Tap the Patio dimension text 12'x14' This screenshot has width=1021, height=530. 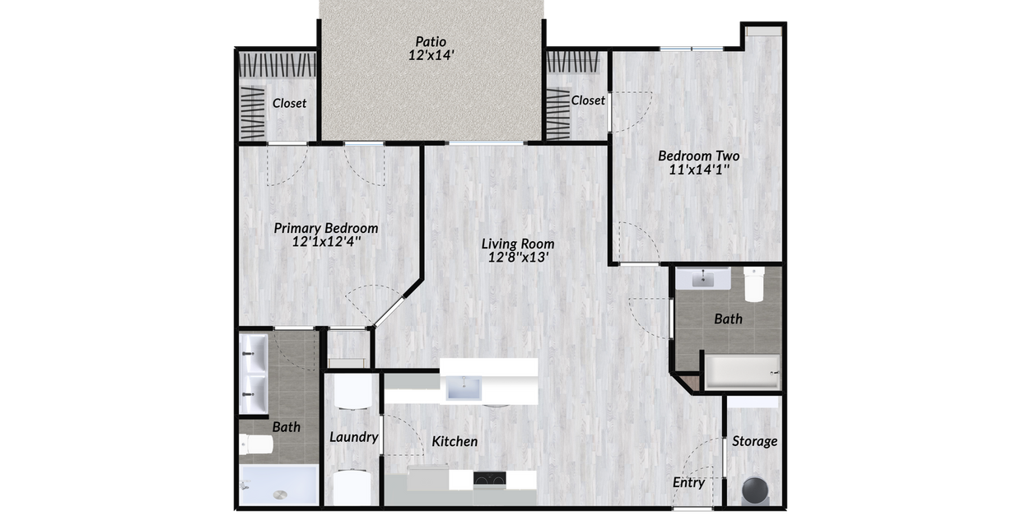[x=431, y=56]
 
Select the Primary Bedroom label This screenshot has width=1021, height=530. [x=326, y=228]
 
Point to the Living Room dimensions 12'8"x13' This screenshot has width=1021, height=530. [x=518, y=257]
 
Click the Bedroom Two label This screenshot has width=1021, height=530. [x=698, y=156]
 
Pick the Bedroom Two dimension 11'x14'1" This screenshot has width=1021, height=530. [x=698, y=170]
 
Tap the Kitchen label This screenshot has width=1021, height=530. [x=455, y=442]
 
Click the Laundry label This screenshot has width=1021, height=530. [x=353, y=437]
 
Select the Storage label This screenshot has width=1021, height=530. [x=754, y=441]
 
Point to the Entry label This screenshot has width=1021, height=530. [x=688, y=482]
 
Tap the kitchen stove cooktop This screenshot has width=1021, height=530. [x=489, y=478]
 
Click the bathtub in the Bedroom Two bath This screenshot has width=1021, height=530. [x=742, y=372]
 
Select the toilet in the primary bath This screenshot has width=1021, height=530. [x=256, y=444]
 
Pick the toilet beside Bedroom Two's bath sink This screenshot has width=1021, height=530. [x=754, y=284]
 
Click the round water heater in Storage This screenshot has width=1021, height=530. [x=756, y=490]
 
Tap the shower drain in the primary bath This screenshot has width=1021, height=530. [x=281, y=495]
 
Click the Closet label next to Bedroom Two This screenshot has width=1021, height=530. [x=588, y=100]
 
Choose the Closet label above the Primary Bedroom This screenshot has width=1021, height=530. [x=289, y=103]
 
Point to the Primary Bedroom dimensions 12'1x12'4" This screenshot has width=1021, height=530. [x=326, y=243]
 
